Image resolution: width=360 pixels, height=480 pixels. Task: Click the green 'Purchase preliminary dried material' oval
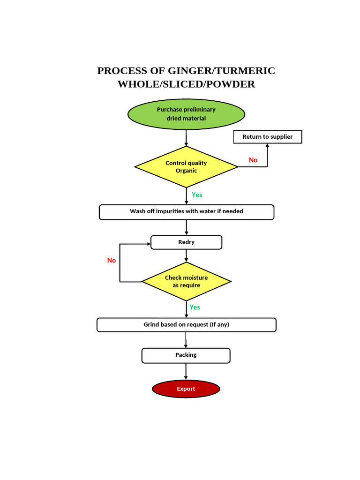(x=186, y=114)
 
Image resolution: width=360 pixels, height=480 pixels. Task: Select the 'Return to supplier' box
(x=267, y=137)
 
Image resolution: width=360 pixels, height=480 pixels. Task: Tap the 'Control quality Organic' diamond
(x=186, y=167)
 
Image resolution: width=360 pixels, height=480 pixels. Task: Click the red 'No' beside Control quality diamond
(x=253, y=160)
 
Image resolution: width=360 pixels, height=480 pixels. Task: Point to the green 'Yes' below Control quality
(x=197, y=195)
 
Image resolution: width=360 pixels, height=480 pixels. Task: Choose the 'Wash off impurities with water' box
(x=186, y=212)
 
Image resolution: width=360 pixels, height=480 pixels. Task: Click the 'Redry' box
(x=186, y=242)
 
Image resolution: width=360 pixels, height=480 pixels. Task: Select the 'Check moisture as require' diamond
(x=186, y=281)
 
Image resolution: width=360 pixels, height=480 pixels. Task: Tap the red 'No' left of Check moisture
(x=112, y=261)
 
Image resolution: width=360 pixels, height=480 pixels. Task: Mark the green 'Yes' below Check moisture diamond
(x=195, y=307)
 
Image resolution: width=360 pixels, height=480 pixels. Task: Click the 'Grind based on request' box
(x=186, y=325)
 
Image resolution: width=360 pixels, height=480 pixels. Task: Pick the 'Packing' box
(x=186, y=355)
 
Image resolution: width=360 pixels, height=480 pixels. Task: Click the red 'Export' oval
(x=186, y=389)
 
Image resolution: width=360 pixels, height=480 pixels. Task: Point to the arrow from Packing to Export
(x=186, y=372)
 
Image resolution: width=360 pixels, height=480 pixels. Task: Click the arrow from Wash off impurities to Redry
(x=187, y=227)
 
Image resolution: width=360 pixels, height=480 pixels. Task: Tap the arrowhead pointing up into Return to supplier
(x=267, y=146)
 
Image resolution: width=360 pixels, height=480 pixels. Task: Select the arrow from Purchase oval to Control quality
(x=186, y=138)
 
